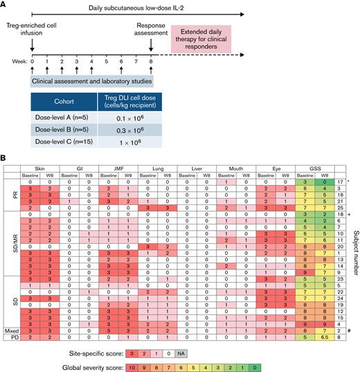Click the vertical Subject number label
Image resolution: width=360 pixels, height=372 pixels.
click(353, 249)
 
